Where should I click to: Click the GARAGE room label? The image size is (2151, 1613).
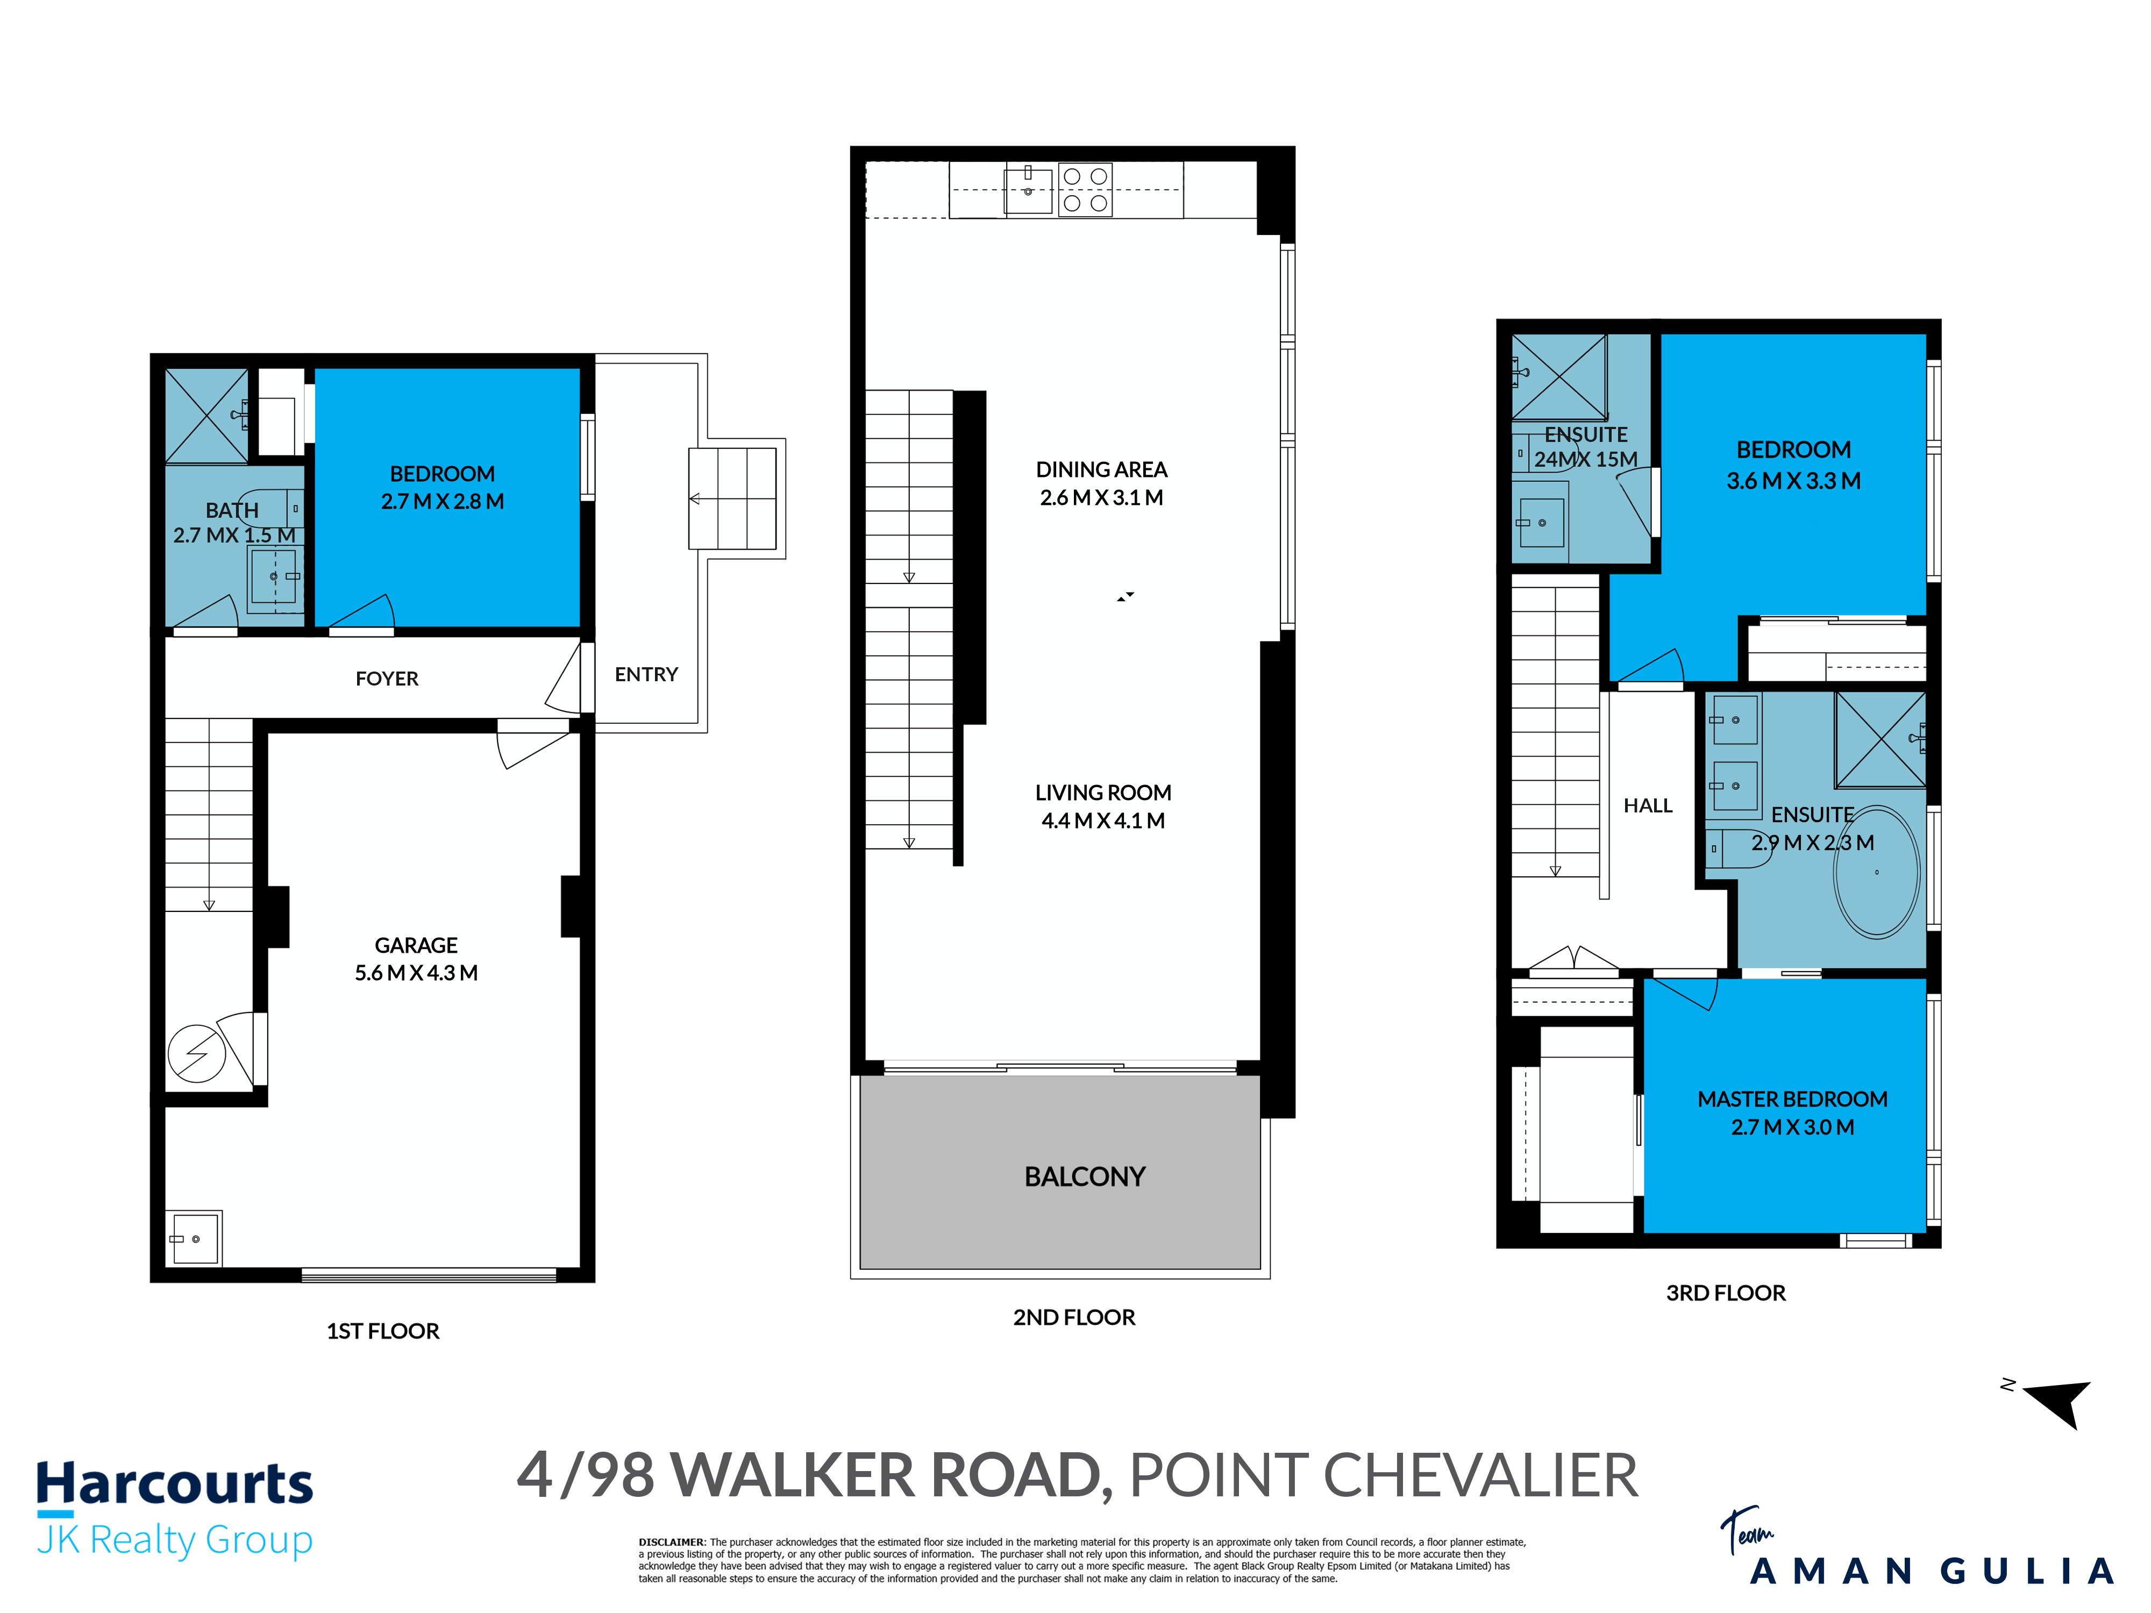tap(416, 945)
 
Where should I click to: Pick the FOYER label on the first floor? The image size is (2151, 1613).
tap(387, 679)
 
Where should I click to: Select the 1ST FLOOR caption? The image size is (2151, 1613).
tap(382, 1331)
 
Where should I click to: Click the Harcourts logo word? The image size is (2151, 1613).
tap(175, 1484)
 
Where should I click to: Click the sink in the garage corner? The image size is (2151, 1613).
tap(195, 1239)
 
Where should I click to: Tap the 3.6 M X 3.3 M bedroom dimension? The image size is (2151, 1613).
tap(1793, 481)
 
